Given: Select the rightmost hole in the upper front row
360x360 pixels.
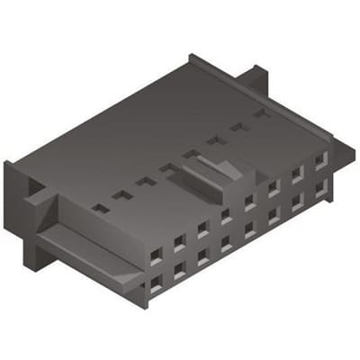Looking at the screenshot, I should click(x=320, y=157).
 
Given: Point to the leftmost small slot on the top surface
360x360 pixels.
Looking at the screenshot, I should click(x=101, y=208).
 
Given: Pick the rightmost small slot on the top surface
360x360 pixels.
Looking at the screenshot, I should click(x=261, y=113).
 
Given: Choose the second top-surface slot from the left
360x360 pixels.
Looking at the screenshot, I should click(x=122, y=194).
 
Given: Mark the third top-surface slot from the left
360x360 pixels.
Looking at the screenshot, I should click(x=145, y=181).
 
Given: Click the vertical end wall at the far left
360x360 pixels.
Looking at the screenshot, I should click(x=11, y=193).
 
